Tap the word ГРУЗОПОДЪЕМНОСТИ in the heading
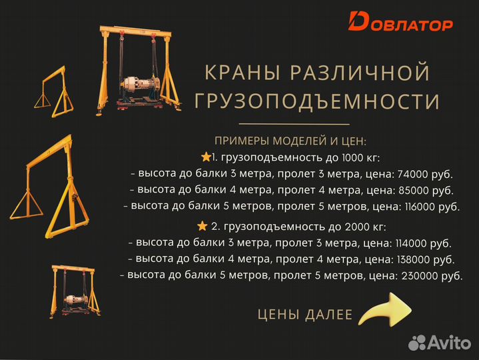point(316,102)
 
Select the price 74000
point(413,175)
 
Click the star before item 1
point(205,157)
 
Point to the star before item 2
point(202,226)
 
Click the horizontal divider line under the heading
point(294,124)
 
